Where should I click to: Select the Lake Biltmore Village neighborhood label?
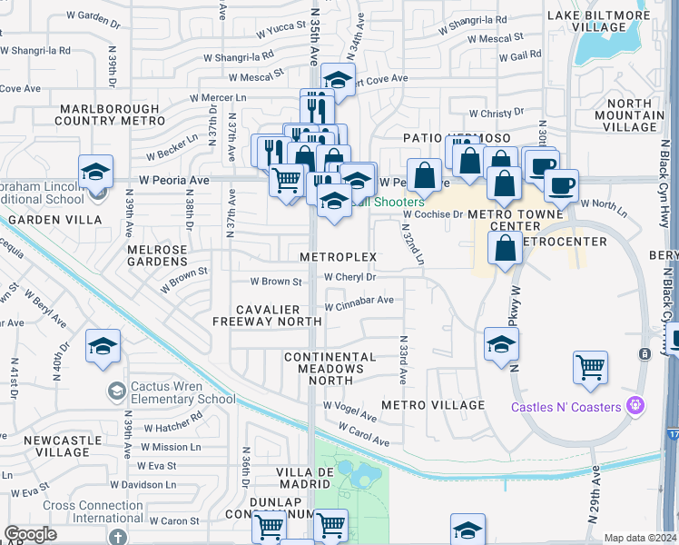600,22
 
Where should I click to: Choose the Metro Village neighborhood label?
434,404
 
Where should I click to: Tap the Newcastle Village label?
56,446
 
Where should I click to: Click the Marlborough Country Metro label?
113,114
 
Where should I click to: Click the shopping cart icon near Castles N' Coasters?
591,367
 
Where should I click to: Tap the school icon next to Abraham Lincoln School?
95,171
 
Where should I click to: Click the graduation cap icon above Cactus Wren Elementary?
103,346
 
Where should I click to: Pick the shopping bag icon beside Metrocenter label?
504,246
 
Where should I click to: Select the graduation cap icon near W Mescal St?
338,80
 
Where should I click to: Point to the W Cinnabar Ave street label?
359,299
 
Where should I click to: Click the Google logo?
30,534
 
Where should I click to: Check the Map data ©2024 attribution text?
640,538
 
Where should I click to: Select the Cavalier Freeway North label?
267,315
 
